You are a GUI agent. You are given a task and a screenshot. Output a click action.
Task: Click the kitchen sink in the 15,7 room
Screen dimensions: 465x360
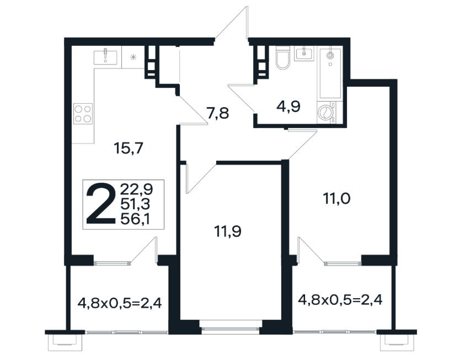click(x=105, y=57)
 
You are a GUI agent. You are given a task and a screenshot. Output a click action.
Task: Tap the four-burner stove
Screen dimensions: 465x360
click(x=83, y=114)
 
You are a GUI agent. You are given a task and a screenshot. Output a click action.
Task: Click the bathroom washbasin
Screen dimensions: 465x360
click(x=304, y=54)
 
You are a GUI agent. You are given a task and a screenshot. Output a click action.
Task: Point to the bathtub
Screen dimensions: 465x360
click(x=330, y=73)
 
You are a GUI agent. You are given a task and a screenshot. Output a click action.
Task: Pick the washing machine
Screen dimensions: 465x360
click(x=326, y=113)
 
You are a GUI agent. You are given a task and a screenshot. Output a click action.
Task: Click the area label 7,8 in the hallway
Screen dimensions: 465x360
click(x=218, y=113)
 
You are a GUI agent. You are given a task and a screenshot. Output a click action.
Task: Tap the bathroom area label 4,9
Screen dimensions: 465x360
click(x=288, y=106)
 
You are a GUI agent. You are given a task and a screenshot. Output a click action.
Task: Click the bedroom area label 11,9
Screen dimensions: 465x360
click(x=227, y=231)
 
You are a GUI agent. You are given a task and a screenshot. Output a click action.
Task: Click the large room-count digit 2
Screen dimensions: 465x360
click(x=100, y=203)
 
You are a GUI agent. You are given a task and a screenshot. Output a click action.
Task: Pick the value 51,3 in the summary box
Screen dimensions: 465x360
click(x=135, y=204)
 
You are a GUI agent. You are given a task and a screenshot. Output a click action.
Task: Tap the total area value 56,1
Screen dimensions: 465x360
click(x=135, y=219)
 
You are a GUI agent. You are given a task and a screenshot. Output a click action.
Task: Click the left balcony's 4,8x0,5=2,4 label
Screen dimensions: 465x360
click(x=120, y=303)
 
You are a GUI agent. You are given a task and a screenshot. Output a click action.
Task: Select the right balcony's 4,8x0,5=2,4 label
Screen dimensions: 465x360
click(x=340, y=300)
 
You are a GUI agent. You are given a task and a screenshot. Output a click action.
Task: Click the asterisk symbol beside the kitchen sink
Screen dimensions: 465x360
click(x=133, y=57)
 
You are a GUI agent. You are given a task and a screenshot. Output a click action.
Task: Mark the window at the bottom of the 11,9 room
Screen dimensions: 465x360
click(x=230, y=327)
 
